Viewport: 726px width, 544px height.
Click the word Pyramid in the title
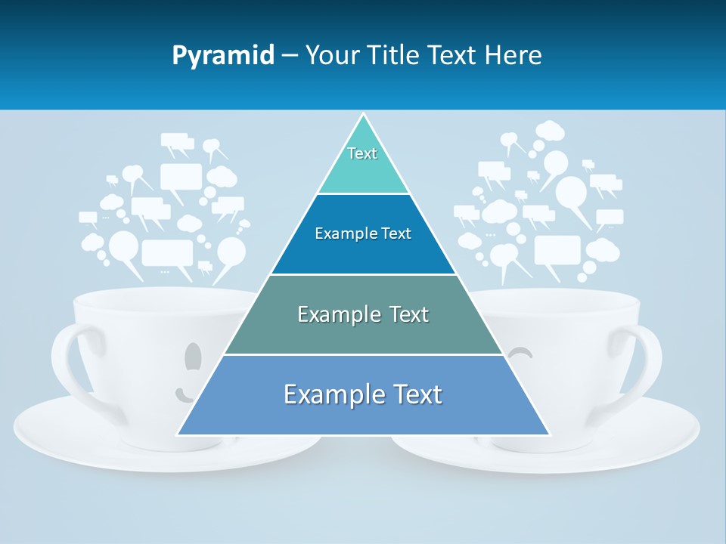coord(223,56)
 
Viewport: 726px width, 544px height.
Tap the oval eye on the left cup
coord(194,356)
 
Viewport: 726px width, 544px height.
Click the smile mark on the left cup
coord(184,394)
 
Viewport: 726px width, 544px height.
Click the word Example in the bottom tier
coord(327,395)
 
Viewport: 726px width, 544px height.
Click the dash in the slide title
coord(290,56)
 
